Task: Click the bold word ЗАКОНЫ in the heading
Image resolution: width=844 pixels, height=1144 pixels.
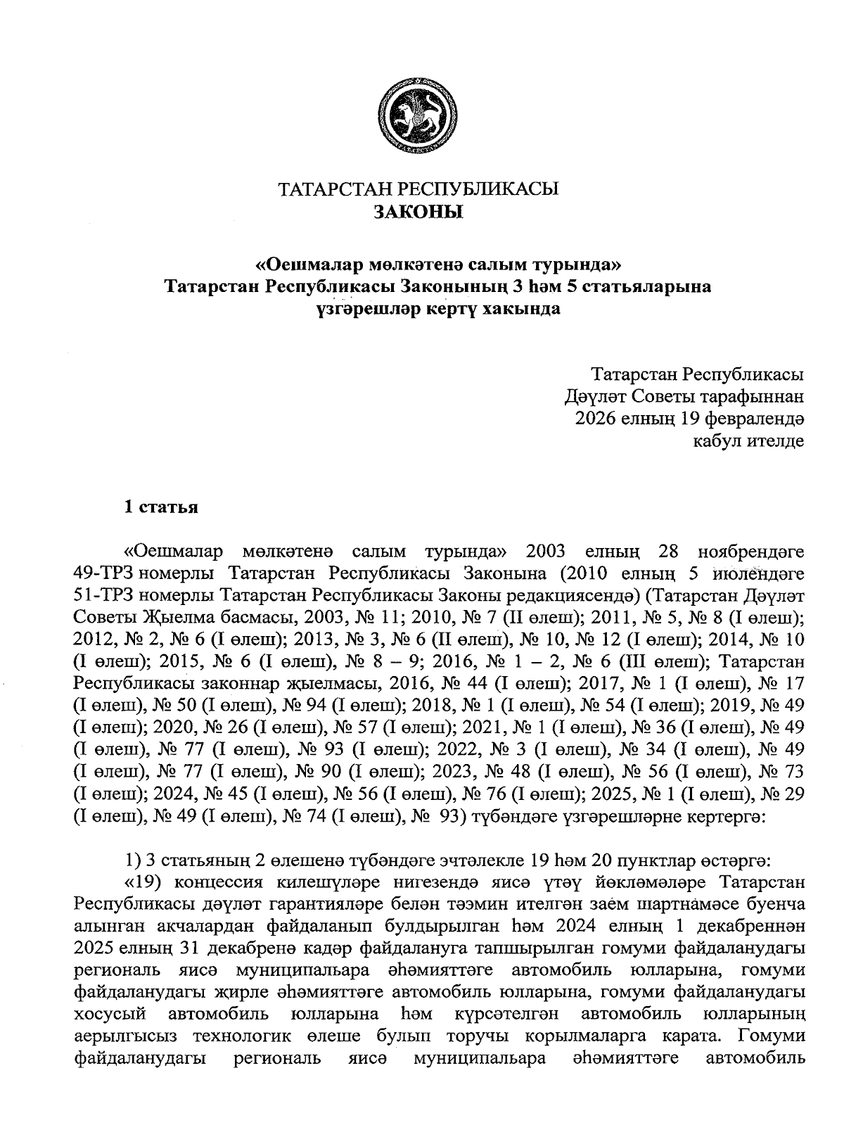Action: click(418, 211)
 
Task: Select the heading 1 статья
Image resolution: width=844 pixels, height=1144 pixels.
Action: click(160, 507)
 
